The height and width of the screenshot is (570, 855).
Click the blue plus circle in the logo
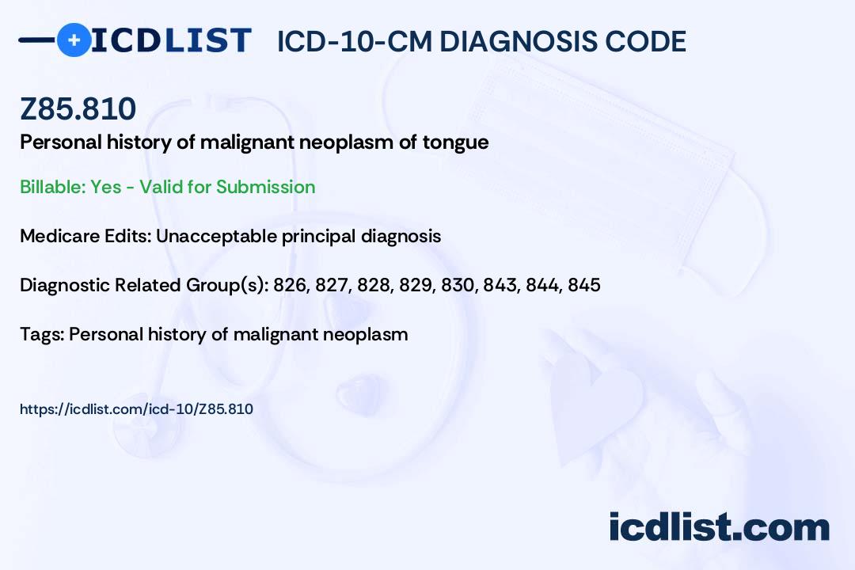(x=74, y=40)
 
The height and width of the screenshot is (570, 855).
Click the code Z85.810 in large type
(x=78, y=108)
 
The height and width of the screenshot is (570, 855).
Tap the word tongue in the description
(x=456, y=143)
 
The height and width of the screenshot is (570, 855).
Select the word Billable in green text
(x=51, y=187)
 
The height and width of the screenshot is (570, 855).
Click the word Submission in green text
(x=265, y=187)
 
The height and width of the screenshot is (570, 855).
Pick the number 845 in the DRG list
(x=584, y=285)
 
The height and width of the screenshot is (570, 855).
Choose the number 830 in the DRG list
(x=459, y=285)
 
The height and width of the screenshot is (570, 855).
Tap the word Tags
(x=43, y=334)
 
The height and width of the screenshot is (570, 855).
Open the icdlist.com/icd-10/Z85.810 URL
(x=136, y=409)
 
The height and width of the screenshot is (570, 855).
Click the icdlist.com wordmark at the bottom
(x=719, y=527)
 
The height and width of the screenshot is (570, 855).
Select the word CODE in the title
(x=638, y=41)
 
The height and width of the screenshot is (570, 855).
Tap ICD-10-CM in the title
(x=355, y=41)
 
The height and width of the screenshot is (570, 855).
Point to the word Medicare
(x=59, y=236)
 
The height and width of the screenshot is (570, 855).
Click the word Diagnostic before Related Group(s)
(x=65, y=285)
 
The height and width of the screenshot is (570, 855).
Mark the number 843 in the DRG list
(x=501, y=285)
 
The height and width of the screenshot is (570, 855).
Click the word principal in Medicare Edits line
(x=318, y=237)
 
